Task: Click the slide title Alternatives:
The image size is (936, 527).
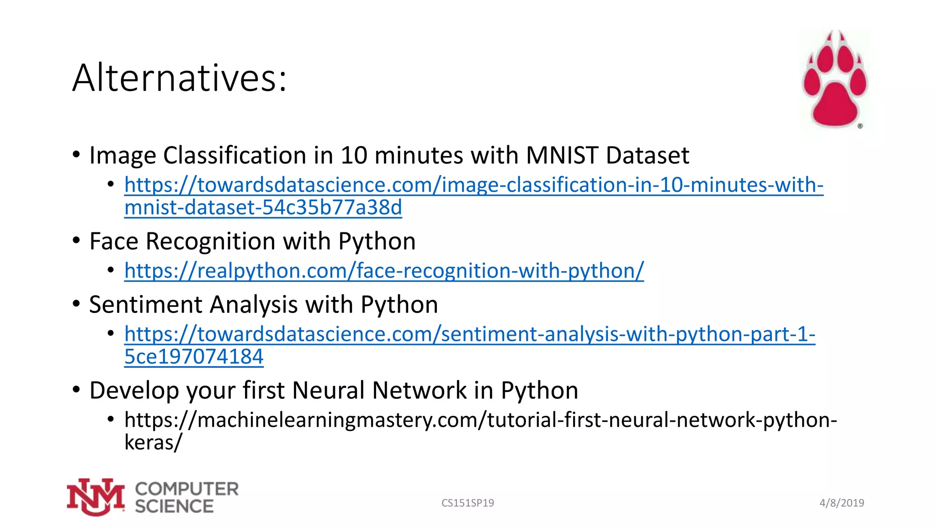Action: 179,78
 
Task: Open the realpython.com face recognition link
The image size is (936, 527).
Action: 384,271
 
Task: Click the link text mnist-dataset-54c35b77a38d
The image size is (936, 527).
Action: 263,208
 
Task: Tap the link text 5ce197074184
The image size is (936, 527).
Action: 194,357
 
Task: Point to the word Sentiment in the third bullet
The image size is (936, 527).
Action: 145,305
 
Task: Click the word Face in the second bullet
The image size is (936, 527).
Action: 113,241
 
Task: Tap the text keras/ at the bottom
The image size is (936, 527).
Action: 153,442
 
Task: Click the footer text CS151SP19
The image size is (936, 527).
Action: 468,503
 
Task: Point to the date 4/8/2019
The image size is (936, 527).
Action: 842,503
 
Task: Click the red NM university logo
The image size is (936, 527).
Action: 96,497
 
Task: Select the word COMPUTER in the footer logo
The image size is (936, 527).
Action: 187,489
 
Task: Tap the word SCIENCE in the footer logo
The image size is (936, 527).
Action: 174,506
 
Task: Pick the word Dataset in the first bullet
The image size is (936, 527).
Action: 647,155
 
